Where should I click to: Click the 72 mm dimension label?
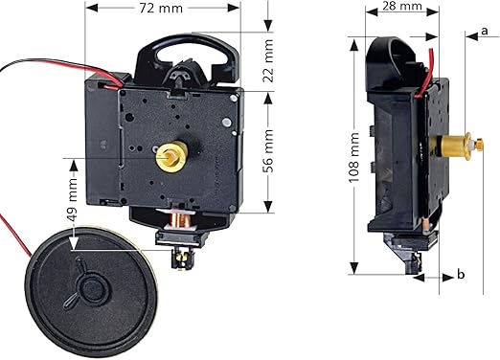pos(161,9)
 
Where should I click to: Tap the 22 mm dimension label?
pos(268,60)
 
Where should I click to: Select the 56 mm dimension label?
pos(268,151)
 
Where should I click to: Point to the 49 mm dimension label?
pos(72,200)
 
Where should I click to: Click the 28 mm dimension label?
pos(402,6)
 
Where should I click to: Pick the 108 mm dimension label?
pos(353,157)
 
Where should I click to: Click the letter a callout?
pos(485,31)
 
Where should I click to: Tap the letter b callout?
pos(461,274)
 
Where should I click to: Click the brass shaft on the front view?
pos(170,156)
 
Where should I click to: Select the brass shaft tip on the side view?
pos(479,145)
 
